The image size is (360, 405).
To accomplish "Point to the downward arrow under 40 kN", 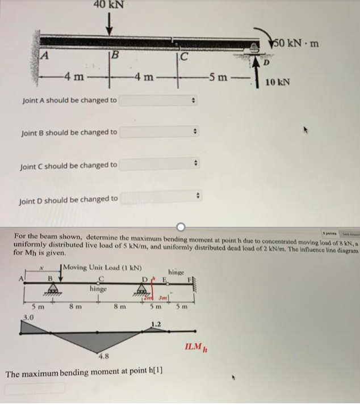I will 109,25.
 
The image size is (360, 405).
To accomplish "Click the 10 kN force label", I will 278,82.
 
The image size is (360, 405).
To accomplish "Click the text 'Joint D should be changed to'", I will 69,199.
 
